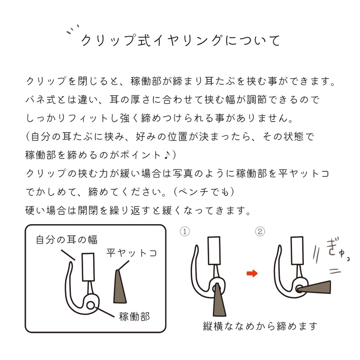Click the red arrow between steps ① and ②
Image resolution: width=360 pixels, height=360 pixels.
[252, 273]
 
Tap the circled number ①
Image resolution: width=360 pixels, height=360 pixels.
[185, 232]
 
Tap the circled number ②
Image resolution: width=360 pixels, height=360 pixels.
[260, 232]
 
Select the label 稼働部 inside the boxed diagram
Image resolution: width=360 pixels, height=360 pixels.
[135, 316]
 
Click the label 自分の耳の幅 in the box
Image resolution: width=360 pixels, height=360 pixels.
[67, 240]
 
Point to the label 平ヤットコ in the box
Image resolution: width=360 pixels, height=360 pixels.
[131, 253]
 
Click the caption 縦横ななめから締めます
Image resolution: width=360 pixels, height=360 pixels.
[260, 326]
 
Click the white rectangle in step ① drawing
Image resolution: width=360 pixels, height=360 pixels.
[214, 251]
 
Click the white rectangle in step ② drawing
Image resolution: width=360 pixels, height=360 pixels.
[297, 251]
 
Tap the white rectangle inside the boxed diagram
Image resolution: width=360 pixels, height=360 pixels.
[88, 267]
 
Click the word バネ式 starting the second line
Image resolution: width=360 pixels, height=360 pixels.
[38, 100]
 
